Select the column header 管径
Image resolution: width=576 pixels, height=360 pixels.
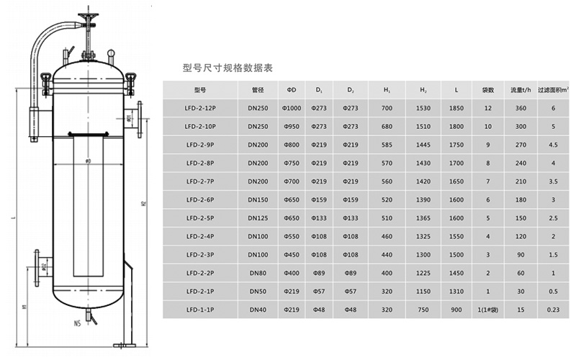tap(258, 90)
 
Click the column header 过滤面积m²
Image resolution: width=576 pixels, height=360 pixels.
tap(553, 90)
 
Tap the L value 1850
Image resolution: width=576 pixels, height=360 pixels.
tap(456, 108)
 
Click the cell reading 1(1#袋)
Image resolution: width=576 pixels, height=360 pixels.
tap(488, 310)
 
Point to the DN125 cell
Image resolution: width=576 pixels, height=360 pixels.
tap(258, 218)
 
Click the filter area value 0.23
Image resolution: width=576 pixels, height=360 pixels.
tap(553, 310)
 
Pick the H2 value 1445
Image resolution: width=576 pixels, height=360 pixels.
tap(423, 145)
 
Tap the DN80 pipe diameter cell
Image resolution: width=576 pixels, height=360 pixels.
tap(258, 274)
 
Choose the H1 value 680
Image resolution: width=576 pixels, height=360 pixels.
tap(387, 127)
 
